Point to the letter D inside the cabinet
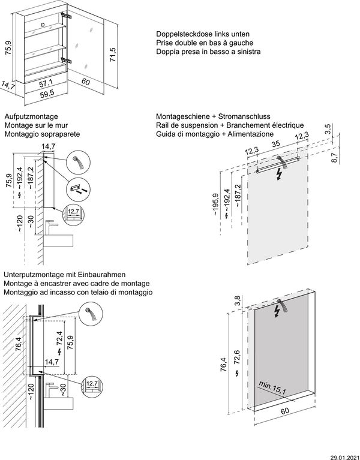[43, 25]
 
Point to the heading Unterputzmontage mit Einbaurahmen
[67, 273]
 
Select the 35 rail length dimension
[275, 145]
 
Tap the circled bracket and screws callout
[77, 188]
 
